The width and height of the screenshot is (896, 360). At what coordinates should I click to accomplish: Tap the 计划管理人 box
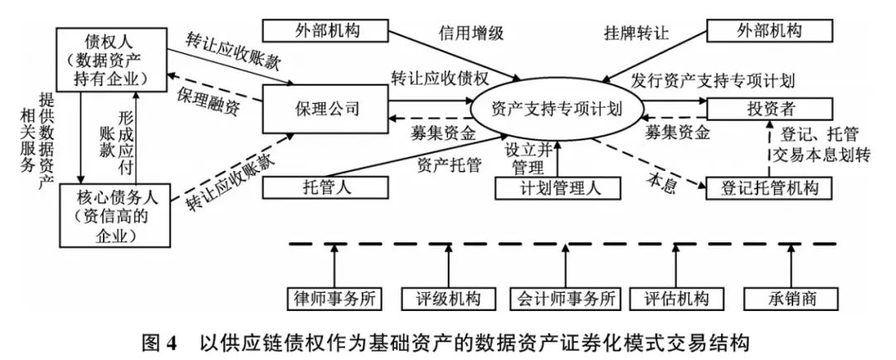tap(558, 188)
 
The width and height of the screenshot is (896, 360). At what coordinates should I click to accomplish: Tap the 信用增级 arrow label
tap(470, 34)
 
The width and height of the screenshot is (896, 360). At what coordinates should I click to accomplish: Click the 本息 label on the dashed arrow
tap(660, 178)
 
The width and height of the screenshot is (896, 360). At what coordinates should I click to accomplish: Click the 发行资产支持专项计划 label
tap(713, 80)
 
